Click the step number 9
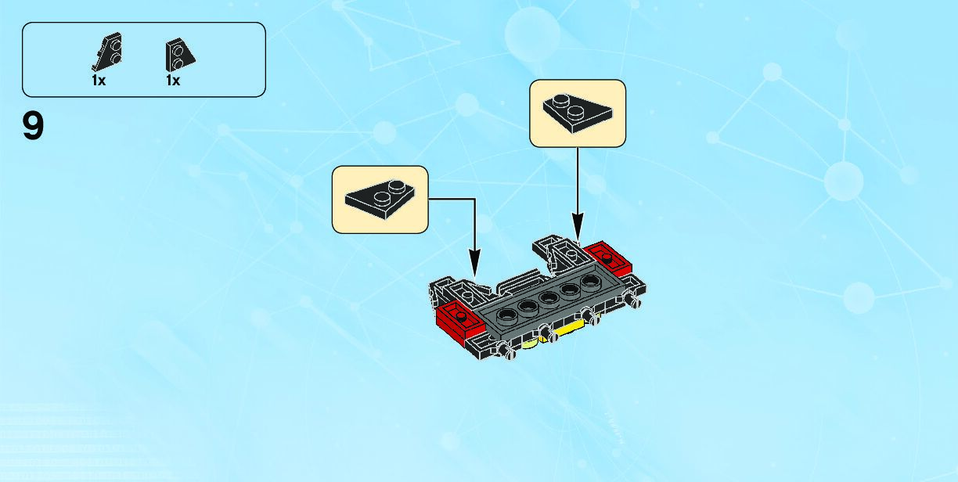point(33,127)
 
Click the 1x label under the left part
point(99,80)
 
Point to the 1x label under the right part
point(173,80)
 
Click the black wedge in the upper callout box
point(577,113)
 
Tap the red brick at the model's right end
point(608,256)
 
